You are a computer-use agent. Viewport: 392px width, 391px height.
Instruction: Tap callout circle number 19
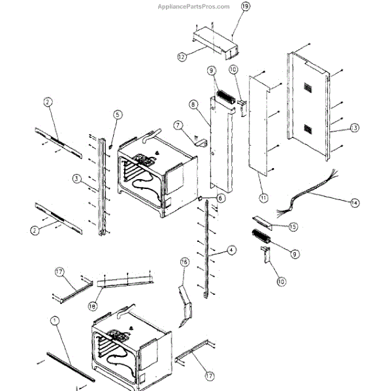click(x=246, y=7)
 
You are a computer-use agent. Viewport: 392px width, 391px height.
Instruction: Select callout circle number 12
click(x=181, y=57)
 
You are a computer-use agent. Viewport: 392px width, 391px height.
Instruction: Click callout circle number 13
click(x=354, y=127)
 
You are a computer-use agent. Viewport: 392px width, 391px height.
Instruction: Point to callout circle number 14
click(x=353, y=203)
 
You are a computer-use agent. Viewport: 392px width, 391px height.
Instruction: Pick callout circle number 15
click(x=293, y=226)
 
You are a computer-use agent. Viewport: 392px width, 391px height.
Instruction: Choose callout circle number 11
click(x=263, y=197)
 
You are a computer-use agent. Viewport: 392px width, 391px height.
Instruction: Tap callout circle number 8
click(x=193, y=105)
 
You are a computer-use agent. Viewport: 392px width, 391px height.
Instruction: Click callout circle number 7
click(x=177, y=124)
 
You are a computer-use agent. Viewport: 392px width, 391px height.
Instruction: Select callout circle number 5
click(x=117, y=115)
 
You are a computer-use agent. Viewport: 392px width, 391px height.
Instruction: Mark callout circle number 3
click(x=76, y=178)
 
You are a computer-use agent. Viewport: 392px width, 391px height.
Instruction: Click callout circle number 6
click(x=220, y=198)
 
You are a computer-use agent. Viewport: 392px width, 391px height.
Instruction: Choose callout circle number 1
click(x=54, y=320)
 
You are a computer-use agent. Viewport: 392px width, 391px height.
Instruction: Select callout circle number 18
click(x=93, y=305)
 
